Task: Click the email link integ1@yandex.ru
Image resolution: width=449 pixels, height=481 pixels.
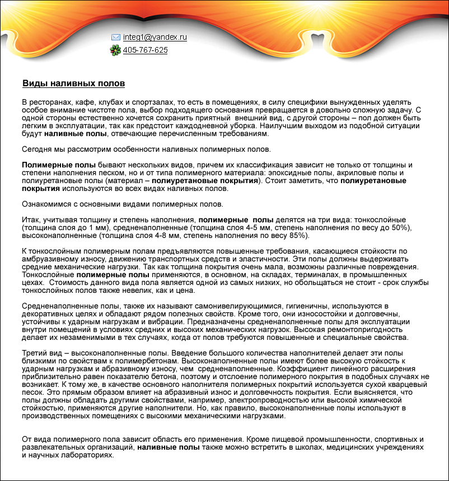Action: click(155, 38)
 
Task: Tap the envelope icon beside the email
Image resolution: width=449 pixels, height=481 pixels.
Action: click(116, 38)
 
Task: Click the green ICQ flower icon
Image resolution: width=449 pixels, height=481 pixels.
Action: click(115, 50)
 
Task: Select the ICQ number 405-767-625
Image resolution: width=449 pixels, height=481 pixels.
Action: click(145, 50)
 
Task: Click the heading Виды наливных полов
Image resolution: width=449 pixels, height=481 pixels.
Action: click(73, 84)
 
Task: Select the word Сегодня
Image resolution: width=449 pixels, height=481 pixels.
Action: click(36, 150)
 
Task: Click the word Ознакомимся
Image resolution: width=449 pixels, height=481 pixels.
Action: click(47, 204)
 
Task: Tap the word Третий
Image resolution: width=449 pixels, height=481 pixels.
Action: click(35, 353)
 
